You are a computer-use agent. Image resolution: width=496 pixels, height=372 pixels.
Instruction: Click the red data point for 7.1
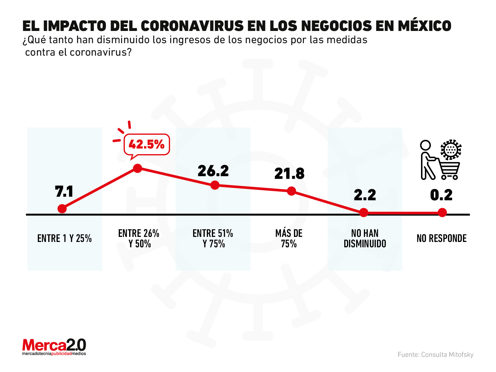click(62, 209)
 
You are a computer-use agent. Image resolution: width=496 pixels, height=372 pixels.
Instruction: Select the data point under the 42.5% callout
click(137, 168)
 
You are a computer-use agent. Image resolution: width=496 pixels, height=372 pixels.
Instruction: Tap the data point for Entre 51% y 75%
click(215, 185)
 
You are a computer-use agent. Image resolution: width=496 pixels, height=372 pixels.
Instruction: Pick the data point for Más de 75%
click(292, 191)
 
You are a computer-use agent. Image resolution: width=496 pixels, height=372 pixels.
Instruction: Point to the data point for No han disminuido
click(364, 212)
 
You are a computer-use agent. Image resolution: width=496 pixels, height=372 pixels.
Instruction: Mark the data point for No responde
click(442, 212)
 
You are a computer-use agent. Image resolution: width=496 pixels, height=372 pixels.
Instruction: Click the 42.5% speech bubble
click(147, 145)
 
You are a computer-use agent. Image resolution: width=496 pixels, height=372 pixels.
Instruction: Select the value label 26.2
click(213, 171)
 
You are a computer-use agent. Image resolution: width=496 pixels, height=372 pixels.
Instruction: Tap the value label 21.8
click(289, 174)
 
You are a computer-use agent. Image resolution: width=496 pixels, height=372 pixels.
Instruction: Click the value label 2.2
click(365, 195)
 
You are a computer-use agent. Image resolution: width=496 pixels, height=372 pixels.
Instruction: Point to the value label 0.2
click(441, 195)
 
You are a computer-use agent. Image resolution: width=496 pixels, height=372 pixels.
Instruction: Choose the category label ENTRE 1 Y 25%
click(65, 238)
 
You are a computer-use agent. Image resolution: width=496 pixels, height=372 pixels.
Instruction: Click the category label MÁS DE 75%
click(289, 238)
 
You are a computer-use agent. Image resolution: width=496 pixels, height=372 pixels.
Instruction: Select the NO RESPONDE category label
click(442, 238)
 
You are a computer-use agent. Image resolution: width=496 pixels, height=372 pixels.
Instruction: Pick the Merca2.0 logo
click(54, 347)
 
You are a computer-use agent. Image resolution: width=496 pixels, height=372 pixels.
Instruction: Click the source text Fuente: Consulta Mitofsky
click(435, 354)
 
